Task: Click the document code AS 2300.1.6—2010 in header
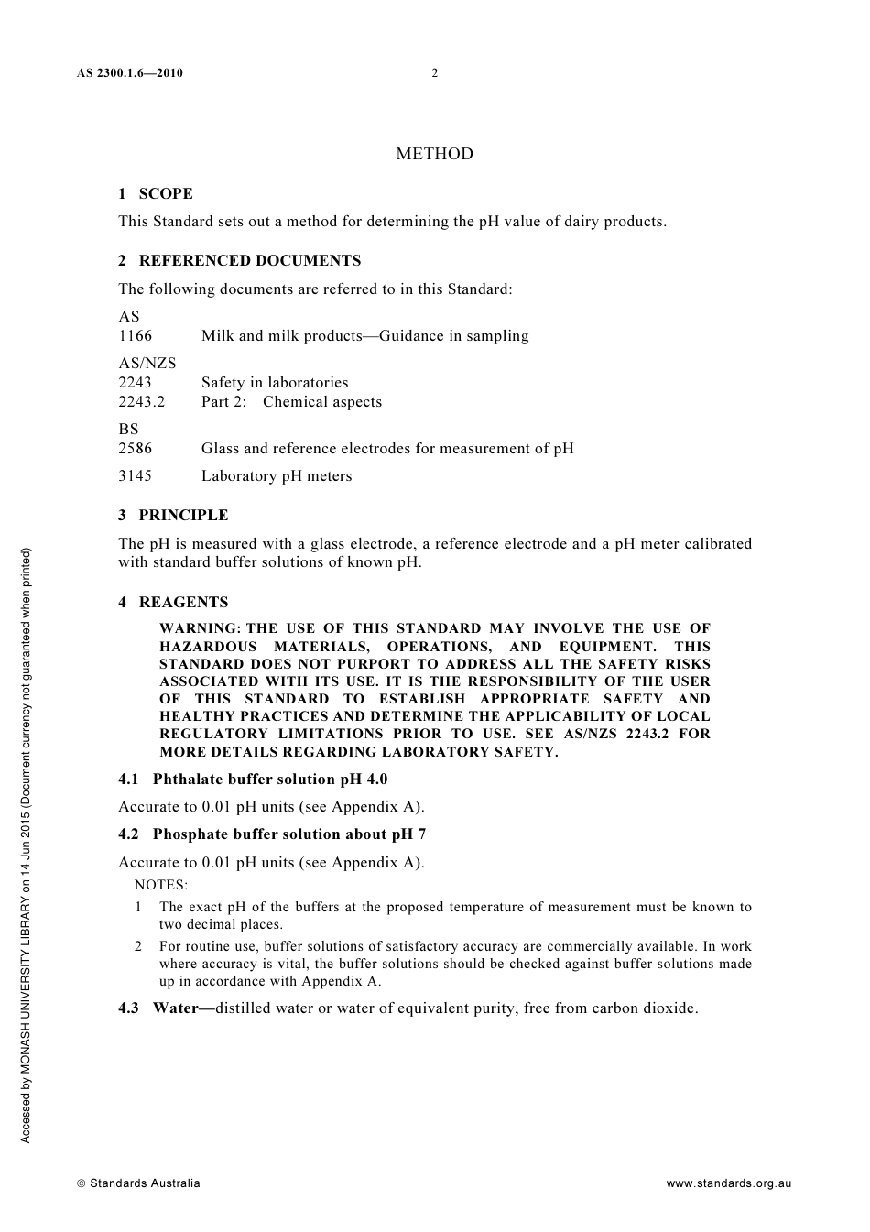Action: point(130,73)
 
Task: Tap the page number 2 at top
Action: point(435,73)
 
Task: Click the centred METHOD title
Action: point(434,154)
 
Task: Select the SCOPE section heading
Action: point(165,193)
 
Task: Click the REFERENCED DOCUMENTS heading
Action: point(249,260)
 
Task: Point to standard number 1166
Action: point(135,336)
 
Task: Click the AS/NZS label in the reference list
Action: point(147,363)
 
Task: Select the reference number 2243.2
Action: point(141,402)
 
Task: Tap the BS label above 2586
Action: point(128,429)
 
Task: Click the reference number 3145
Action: point(135,476)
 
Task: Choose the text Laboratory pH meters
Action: point(277,476)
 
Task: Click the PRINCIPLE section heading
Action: point(183,515)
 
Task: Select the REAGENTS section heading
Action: point(183,602)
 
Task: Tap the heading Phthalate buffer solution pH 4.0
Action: point(269,779)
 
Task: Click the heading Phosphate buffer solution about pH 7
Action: point(288,834)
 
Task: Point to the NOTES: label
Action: point(161,885)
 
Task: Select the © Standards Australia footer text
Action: point(138,1183)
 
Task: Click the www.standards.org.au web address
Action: point(728,1183)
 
